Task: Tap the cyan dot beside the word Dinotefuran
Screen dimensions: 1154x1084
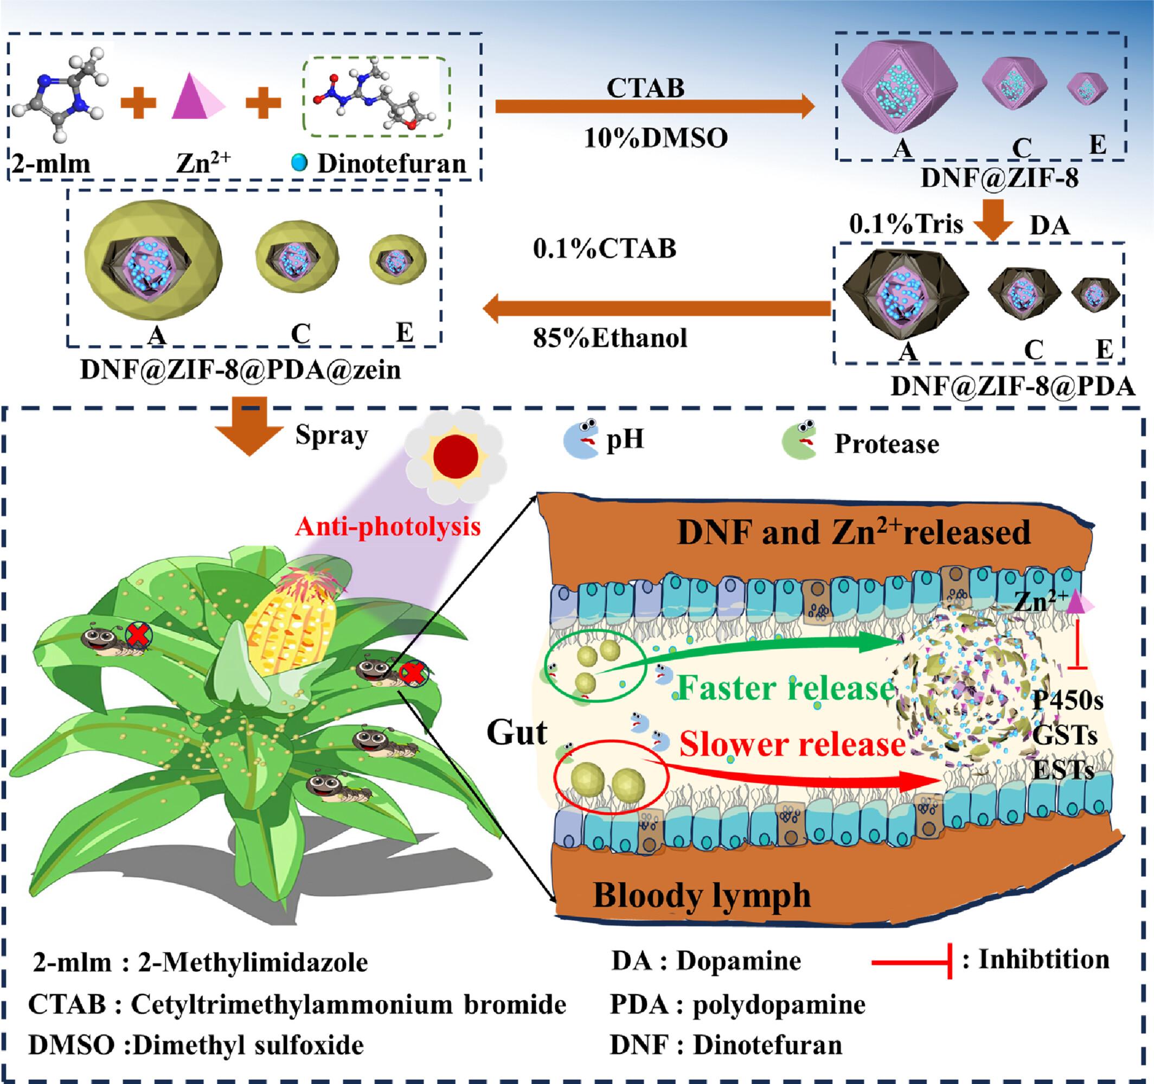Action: click(x=298, y=163)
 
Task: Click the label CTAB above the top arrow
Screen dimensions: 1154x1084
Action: click(x=645, y=88)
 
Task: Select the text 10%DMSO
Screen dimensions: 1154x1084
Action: click(x=656, y=138)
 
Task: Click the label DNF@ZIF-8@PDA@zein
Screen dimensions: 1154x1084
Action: click(x=240, y=369)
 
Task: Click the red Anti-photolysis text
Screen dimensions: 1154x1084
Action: click(x=388, y=527)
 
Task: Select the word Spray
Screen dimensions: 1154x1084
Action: click(x=331, y=436)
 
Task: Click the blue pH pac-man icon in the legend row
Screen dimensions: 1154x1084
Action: click(x=581, y=439)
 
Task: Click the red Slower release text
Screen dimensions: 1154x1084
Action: click(x=792, y=744)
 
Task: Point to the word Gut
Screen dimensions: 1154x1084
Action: click(x=517, y=733)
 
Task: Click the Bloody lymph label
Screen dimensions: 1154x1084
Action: click(x=701, y=895)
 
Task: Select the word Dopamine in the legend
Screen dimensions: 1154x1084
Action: click(x=739, y=961)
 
